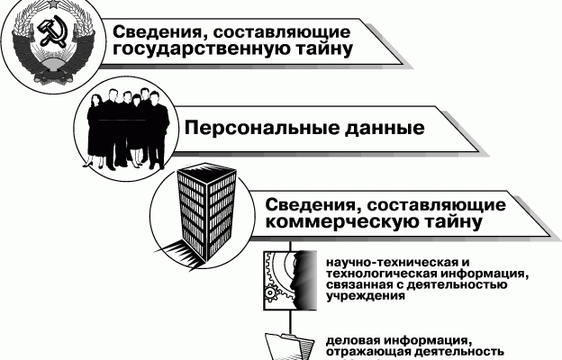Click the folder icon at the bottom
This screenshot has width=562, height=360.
pyautogui.click(x=286, y=345)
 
